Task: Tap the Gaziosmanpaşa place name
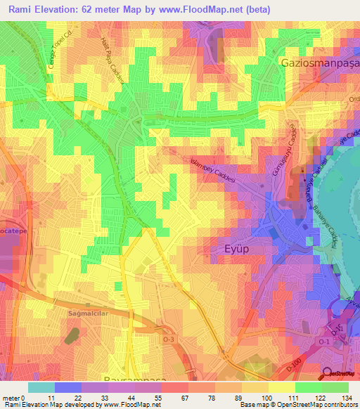(320, 63)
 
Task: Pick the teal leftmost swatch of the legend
(41, 387)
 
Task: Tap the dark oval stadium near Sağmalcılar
(72, 336)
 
